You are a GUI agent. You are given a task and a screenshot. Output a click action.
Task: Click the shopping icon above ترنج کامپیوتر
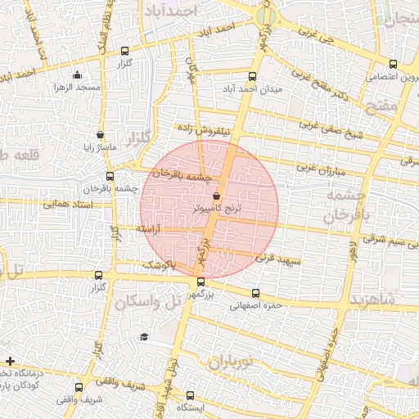(216, 197)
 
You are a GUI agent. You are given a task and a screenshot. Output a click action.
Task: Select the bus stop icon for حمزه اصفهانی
(256, 293)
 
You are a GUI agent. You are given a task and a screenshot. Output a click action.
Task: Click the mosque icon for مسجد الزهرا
(78, 75)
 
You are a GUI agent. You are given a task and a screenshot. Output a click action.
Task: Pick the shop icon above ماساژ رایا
(101, 135)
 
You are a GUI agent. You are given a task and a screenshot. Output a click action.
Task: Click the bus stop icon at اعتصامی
(393, 64)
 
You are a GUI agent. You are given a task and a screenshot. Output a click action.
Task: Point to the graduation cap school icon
(144, 337)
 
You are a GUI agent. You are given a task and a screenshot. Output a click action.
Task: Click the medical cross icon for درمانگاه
(9, 361)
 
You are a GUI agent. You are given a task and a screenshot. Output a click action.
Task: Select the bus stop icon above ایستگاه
(191, 394)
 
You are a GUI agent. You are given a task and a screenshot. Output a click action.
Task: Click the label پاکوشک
(160, 265)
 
